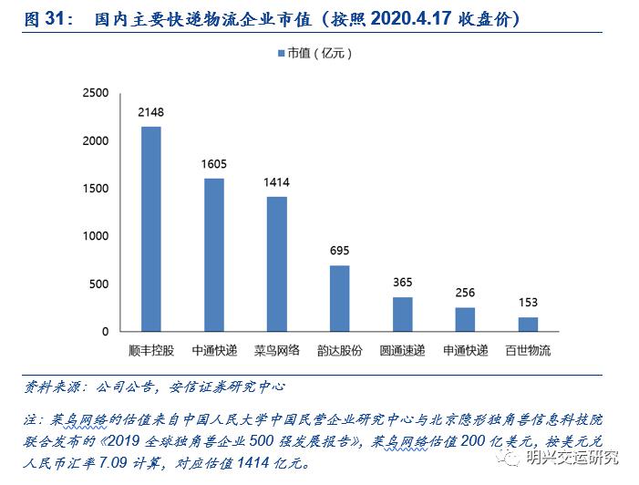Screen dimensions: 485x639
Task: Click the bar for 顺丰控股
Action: click(x=150, y=229)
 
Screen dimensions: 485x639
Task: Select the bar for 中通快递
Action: click(x=213, y=254)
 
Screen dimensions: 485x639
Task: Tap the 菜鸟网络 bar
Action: click(x=276, y=263)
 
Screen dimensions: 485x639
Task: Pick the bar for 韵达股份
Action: click(x=339, y=298)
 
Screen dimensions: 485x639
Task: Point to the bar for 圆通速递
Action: click(x=402, y=314)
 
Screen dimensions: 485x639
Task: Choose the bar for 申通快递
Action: click(x=465, y=319)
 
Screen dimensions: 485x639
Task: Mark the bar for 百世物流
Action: click(x=528, y=324)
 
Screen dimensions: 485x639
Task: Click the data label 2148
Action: click(x=150, y=113)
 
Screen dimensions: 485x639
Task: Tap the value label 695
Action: click(x=339, y=251)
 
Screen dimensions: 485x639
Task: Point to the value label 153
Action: click(x=528, y=303)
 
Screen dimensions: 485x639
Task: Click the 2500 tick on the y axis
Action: click(x=95, y=93)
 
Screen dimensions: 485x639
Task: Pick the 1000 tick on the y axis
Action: click(x=95, y=236)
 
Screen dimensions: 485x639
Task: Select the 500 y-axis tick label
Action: click(x=98, y=284)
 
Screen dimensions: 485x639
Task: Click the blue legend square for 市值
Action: click(x=281, y=54)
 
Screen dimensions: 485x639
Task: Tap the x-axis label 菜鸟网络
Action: click(x=276, y=350)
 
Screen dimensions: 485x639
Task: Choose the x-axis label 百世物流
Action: click(x=528, y=350)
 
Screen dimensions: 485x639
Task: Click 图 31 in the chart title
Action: click(x=46, y=18)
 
